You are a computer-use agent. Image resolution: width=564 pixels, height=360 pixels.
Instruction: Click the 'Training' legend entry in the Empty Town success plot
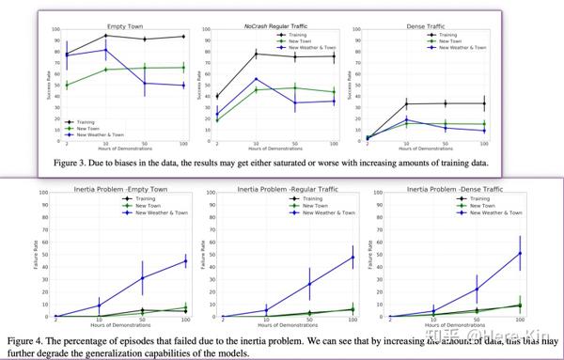click(x=84, y=120)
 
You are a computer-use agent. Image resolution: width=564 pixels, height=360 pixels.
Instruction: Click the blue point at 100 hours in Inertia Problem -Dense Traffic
click(x=520, y=253)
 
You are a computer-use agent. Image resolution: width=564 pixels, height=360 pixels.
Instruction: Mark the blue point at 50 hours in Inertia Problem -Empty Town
click(x=143, y=278)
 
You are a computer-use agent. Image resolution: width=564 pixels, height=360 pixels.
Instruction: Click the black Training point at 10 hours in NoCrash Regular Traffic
click(x=257, y=54)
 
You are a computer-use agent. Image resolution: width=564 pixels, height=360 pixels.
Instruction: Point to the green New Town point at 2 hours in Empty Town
click(x=65, y=86)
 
